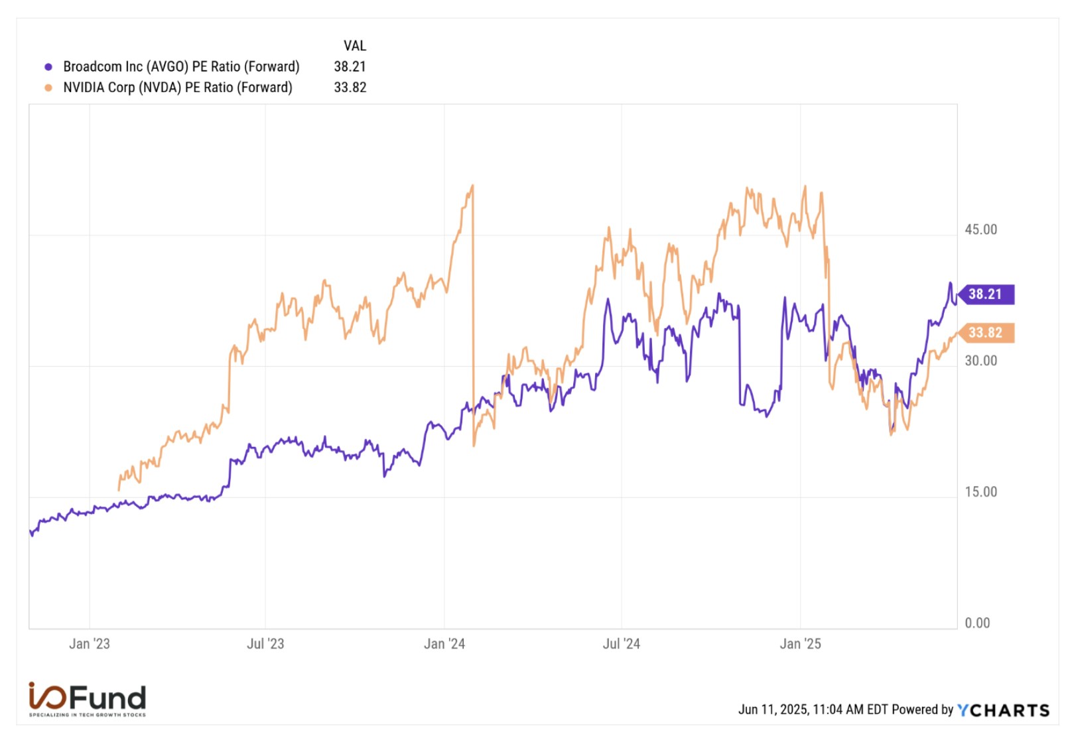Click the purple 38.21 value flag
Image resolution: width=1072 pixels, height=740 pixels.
point(986,294)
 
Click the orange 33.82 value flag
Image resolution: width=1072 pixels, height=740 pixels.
point(986,332)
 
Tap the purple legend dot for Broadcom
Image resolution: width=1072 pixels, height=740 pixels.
point(48,67)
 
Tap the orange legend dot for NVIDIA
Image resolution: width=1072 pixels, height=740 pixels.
point(48,88)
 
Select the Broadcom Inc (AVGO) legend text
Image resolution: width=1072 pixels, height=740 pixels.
point(181,67)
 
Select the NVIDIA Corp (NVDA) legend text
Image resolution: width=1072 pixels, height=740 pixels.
point(177,88)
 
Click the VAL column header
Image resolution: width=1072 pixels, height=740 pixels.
point(354,46)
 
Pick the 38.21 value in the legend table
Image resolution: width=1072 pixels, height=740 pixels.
point(350,67)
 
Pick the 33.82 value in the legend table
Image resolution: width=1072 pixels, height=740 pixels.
point(350,88)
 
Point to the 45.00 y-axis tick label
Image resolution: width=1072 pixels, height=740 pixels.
point(980,229)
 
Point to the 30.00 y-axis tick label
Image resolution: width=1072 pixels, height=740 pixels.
point(980,361)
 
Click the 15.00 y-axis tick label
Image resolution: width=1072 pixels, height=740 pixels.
point(980,492)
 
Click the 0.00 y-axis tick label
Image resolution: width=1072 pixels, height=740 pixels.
point(977,623)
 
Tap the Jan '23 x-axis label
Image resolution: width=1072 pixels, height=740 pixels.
point(90,644)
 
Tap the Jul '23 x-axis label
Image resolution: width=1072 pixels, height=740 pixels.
point(265,644)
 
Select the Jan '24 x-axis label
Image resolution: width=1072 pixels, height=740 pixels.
point(444,644)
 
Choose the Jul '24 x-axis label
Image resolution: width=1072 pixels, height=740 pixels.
point(621,644)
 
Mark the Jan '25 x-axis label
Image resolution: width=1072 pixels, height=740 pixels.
point(800,644)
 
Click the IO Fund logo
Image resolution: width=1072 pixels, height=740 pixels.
point(87,699)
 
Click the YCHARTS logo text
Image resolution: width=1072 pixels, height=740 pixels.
point(1003,710)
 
